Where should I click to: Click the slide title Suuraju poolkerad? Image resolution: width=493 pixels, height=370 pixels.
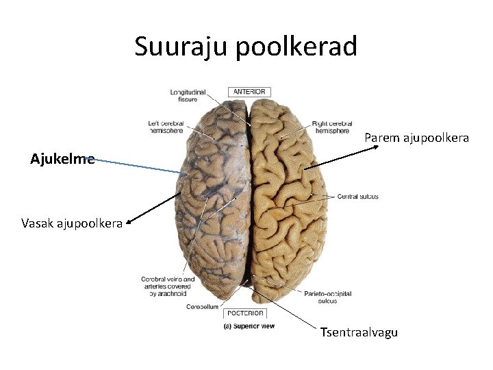pos(246,47)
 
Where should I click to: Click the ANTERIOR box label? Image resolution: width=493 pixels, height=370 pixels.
pos(249,92)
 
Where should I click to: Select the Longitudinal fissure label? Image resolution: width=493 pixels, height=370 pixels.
pos(184,95)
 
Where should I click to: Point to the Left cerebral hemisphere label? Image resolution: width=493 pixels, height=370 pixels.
pos(166,127)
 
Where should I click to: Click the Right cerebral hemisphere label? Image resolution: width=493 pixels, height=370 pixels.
pos(331,127)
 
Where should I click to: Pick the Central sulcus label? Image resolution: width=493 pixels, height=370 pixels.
pos(357,197)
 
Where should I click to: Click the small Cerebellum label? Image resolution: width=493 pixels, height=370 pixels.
pos(202,307)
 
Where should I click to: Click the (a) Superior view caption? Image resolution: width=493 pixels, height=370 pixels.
pos(249,326)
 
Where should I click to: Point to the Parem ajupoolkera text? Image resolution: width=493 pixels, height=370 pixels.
pos(416,138)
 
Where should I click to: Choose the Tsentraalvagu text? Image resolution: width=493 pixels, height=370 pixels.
pos(359,333)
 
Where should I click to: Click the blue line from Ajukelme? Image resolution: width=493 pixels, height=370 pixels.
pos(137,166)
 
